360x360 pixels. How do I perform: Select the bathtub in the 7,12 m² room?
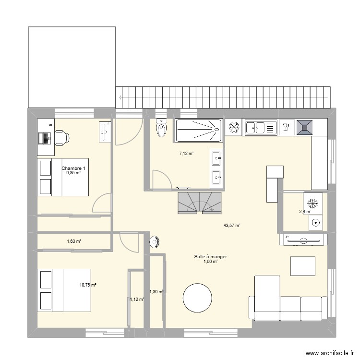point(199,131)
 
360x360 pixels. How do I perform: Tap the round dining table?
point(197,298)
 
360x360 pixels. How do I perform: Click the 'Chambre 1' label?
point(73,168)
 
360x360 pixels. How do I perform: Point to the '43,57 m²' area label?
point(232,226)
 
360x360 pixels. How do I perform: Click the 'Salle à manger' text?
point(211,257)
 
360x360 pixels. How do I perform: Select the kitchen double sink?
point(262,127)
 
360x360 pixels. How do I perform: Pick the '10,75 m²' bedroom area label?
point(88,285)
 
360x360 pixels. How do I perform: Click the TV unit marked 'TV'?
point(303,240)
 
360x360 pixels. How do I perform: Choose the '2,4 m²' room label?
point(305,211)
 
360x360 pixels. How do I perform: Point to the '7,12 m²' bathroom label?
point(186,154)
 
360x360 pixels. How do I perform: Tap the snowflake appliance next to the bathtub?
point(234,127)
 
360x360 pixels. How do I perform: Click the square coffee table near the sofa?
point(302,266)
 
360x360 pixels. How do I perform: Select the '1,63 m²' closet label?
point(74,241)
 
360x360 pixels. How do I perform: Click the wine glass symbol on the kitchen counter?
point(287,127)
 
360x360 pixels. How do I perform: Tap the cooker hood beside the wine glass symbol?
point(305,127)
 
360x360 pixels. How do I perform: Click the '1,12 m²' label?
point(137,300)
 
